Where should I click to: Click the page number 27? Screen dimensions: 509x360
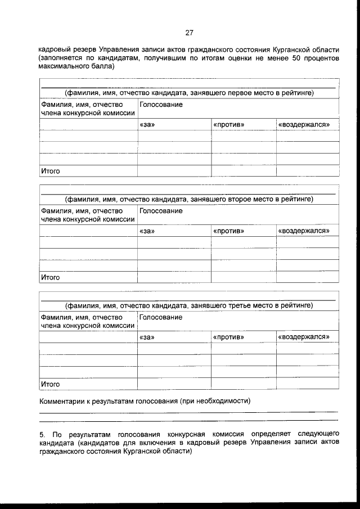tap(189, 32)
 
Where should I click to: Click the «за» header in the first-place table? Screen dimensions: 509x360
tap(147, 124)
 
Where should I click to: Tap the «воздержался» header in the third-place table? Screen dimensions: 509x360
tap(304, 337)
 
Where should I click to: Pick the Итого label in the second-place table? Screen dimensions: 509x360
tap(50, 277)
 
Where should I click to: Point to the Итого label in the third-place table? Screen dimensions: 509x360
tap(50, 384)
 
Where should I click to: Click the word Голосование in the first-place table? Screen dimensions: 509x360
tap(161, 105)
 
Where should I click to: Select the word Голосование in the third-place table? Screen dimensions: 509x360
tap(161, 317)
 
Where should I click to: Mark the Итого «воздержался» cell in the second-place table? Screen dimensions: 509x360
tap(307, 277)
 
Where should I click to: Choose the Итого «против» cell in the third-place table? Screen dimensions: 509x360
tap(244, 384)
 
